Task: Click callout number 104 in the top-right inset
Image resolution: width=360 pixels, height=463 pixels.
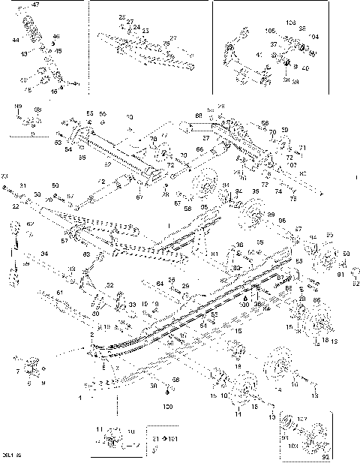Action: click(313, 36)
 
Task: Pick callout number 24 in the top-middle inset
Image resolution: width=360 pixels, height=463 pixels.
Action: click(136, 27)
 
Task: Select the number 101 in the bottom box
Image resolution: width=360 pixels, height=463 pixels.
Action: click(175, 437)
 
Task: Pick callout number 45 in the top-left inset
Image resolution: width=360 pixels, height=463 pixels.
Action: click(58, 51)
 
